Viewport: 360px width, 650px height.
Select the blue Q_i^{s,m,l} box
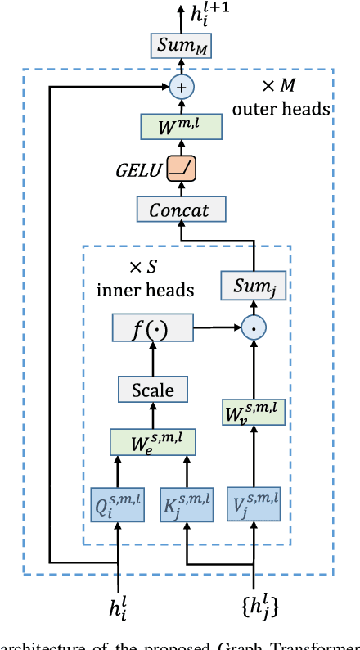pos(119,504)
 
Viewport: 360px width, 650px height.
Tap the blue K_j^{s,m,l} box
pos(187,504)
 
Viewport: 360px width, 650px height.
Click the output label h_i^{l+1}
pos(209,14)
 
